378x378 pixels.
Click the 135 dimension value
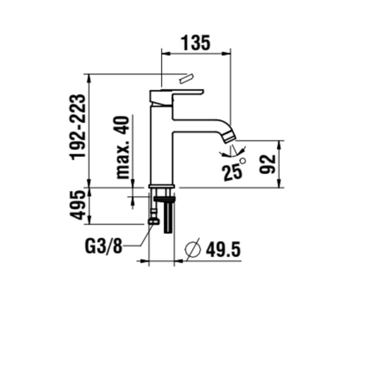(x=196, y=43)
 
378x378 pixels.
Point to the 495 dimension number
(x=77, y=206)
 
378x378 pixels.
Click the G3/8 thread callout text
(x=103, y=246)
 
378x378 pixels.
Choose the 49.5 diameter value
(x=223, y=249)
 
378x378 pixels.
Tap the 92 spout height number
(x=267, y=164)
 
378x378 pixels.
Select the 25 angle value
(x=232, y=172)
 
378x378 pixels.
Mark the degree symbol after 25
(x=242, y=161)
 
